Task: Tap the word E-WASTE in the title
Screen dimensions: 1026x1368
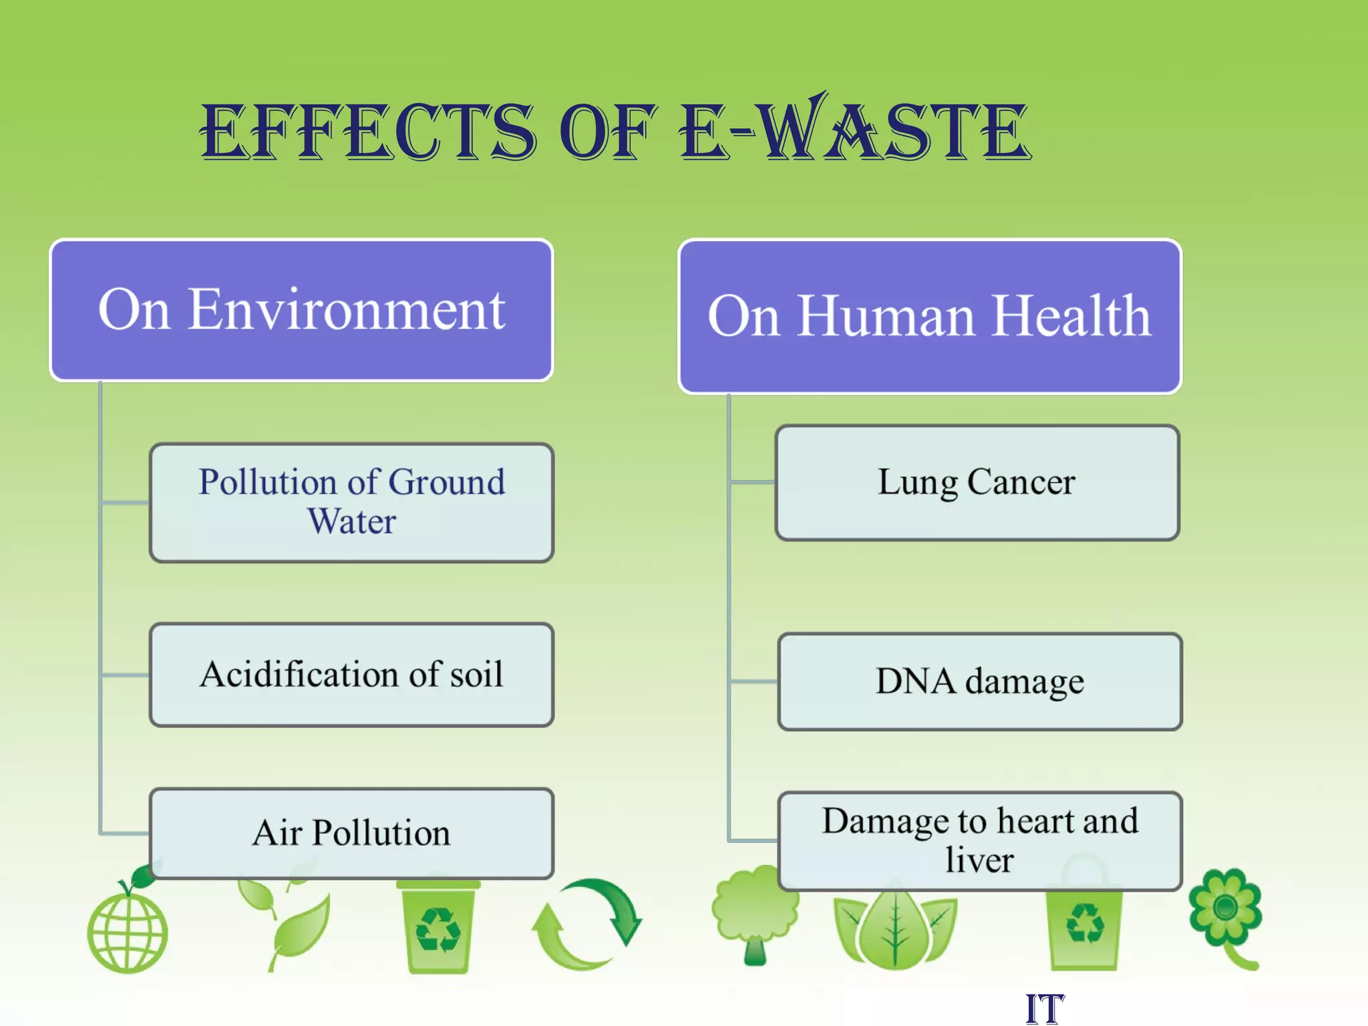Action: click(x=854, y=130)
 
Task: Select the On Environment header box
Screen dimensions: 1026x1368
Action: click(x=301, y=311)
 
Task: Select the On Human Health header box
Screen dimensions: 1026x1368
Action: click(x=929, y=317)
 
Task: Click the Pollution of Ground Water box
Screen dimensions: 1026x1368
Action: click(x=351, y=502)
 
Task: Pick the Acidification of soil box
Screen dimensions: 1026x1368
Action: click(x=351, y=675)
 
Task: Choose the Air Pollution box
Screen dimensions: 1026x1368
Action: click(x=351, y=833)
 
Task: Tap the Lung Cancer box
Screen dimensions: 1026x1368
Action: click(x=977, y=482)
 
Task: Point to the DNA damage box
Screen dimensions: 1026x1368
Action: click(x=979, y=681)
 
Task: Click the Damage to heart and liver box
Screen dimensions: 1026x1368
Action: click(x=979, y=840)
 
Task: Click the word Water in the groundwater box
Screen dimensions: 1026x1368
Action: click(x=351, y=522)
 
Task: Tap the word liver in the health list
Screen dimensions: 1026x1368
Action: click(x=979, y=860)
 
